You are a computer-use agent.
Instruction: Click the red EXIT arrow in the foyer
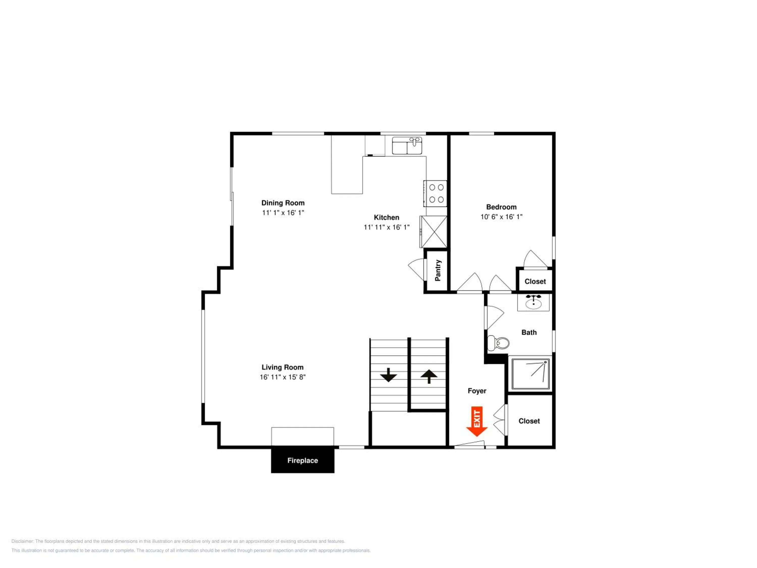point(477,421)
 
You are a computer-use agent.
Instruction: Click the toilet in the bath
point(498,343)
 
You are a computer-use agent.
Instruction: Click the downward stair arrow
point(388,375)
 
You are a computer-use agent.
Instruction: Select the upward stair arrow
point(429,377)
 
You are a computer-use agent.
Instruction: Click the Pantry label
point(438,270)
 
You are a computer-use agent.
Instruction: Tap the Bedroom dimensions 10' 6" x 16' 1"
point(501,217)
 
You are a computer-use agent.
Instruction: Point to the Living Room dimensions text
point(282,377)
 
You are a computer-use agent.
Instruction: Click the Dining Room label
point(283,203)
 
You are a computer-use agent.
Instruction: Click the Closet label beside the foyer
point(529,421)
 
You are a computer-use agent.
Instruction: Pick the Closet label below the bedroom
point(535,281)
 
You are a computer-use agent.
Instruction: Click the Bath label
point(529,332)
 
